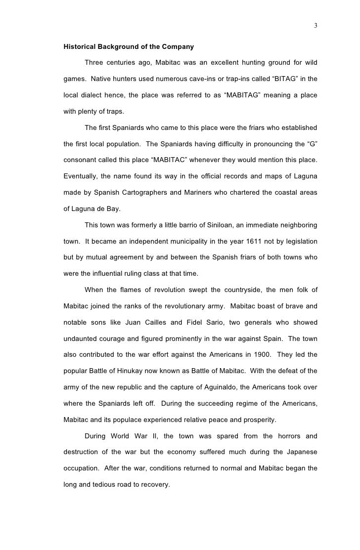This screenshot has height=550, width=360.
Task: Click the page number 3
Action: click(x=315, y=26)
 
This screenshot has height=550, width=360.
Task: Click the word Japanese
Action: click(x=300, y=452)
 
